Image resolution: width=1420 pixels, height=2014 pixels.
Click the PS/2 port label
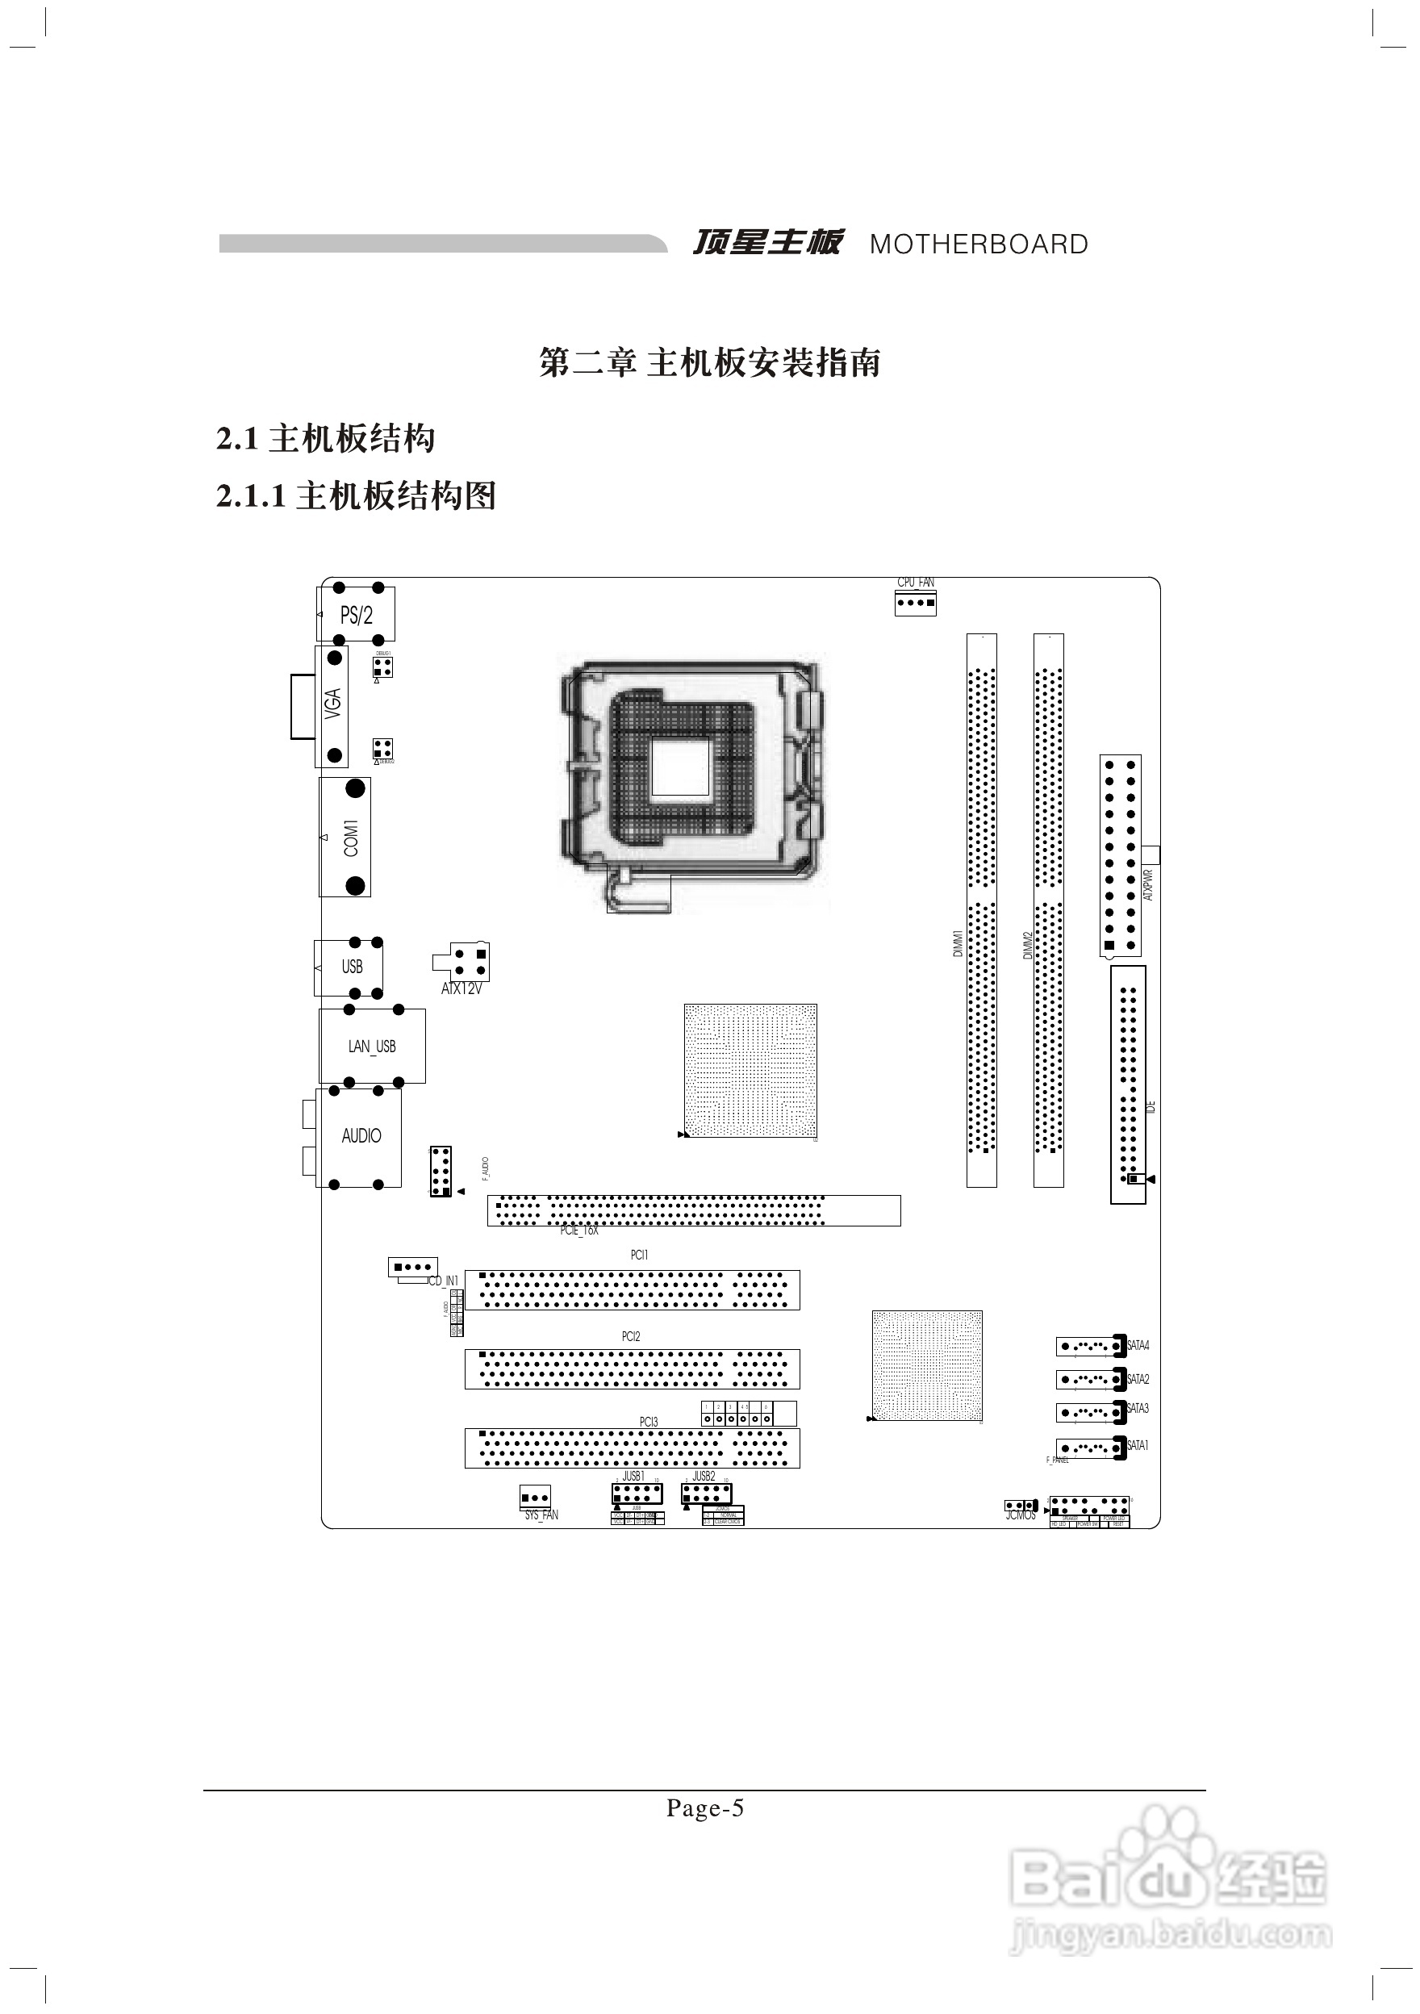356,616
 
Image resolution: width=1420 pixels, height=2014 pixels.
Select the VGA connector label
332,704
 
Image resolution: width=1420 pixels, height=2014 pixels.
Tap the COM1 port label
351,838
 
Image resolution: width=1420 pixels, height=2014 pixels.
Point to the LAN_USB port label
372,1047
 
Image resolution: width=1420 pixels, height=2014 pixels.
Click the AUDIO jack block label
361,1136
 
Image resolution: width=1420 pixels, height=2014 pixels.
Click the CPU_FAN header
916,603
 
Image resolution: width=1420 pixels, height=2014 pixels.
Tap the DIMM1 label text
958,943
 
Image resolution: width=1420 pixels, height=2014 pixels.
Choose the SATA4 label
1138,1346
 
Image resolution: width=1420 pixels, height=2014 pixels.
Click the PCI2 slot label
631,1337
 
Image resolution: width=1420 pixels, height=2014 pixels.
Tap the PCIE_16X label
578,1231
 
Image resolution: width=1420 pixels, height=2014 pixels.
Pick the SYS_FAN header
535,1498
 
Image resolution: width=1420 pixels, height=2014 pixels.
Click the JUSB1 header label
633,1477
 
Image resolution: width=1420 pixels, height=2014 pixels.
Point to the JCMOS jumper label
1021,1515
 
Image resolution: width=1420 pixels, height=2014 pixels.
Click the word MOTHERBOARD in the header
979,244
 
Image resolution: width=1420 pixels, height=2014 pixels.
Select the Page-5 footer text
705,1808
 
